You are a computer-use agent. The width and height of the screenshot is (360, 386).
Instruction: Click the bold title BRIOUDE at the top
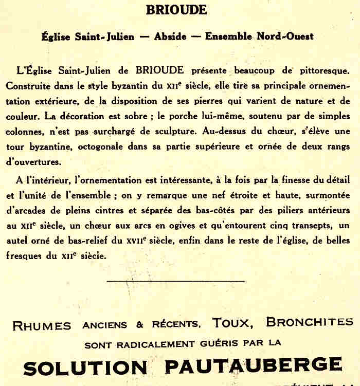point(176,10)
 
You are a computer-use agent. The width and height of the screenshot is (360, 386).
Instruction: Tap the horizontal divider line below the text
point(176,281)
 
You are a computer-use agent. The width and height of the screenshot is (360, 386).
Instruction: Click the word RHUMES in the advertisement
point(42,325)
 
